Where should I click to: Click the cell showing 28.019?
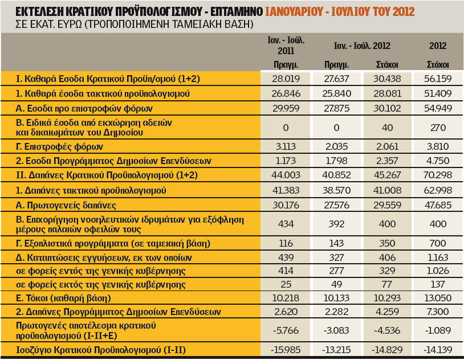pyautogui.click(x=286, y=79)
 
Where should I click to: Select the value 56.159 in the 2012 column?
pyautogui.click(x=437, y=79)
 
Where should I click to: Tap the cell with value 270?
pyautogui.click(x=437, y=127)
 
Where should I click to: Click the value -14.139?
pyautogui.click(x=437, y=349)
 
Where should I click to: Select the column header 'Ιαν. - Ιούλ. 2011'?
pyautogui.click(x=286, y=46)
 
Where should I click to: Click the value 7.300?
pyautogui.click(x=437, y=312)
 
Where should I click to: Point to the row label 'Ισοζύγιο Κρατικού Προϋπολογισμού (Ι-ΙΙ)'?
pyautogui.click(x=101, y=349)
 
